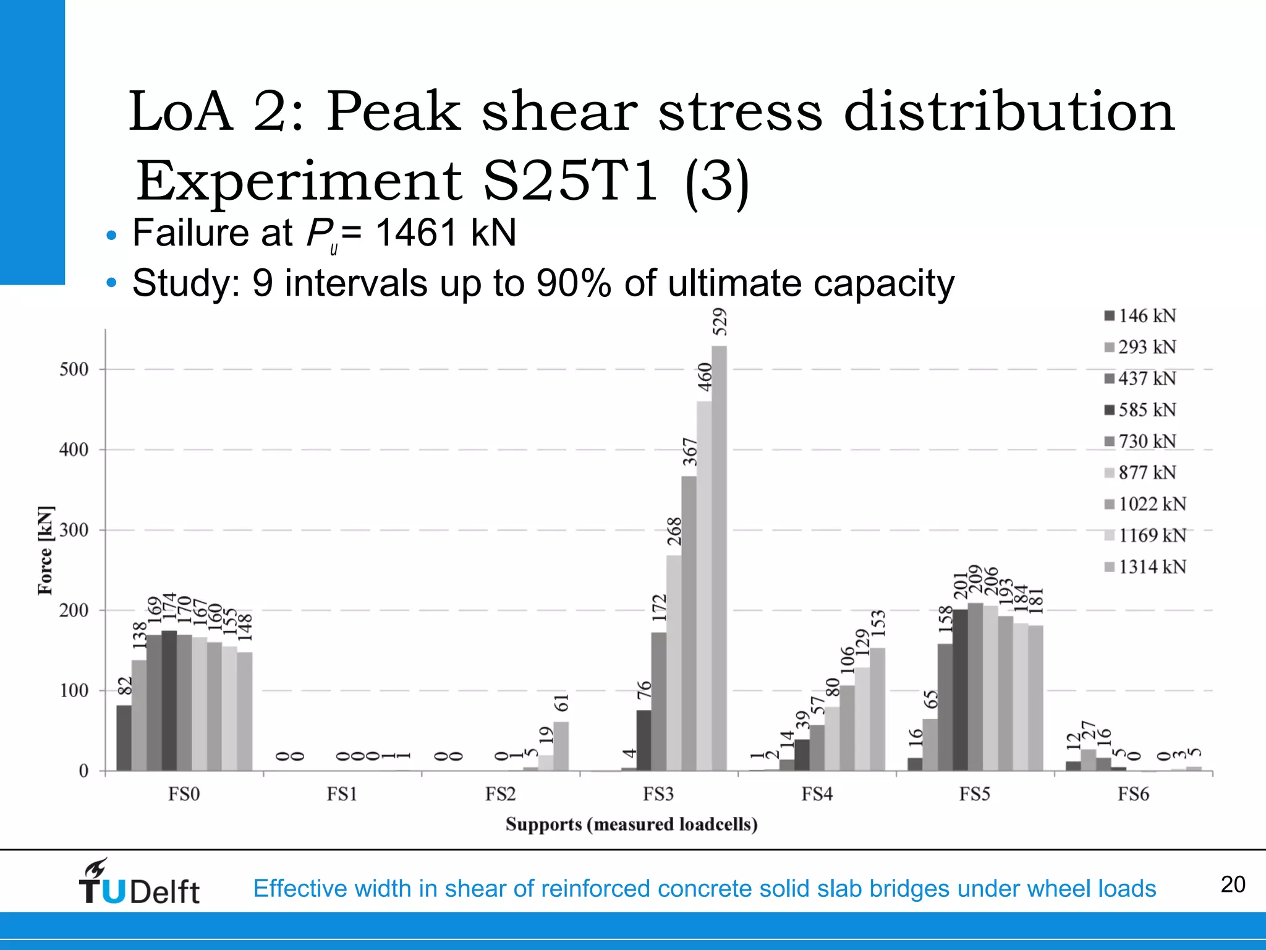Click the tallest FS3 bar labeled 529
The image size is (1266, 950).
[x=719, y=557]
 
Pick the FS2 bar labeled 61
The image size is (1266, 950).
[x=561, y=746]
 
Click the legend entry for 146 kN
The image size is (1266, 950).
[x=1141, y=316]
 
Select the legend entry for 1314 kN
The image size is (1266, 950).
[x=1145, y=567]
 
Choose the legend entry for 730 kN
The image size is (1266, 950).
[x=1141, y=442]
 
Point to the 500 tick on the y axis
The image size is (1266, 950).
[x=74, y=370]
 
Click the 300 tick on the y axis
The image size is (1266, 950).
[x=74, y=531]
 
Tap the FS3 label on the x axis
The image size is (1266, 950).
[x=658, y=794]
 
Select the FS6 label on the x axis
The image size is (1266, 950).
[x=1133, y=794]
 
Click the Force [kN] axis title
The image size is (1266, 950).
[x=45, y=550]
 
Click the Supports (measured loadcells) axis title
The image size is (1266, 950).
[x=631, y=824]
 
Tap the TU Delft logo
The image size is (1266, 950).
[x=139, y=883]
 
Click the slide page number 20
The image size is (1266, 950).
[x=1233, y=884]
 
